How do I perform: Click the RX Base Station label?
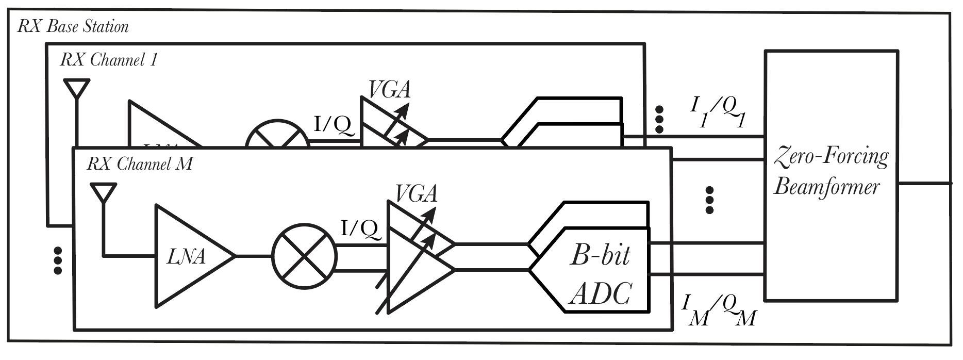(73, 26)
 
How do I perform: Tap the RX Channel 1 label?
(108, 60)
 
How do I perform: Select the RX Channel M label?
(140, 164)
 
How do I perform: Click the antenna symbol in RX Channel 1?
(76, 90)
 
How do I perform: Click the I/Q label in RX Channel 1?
(334, 125)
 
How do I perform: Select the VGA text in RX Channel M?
(417, 194)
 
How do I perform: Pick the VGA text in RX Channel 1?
(390, 90)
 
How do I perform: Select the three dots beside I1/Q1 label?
(658, 120)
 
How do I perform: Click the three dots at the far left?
(58, 260)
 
